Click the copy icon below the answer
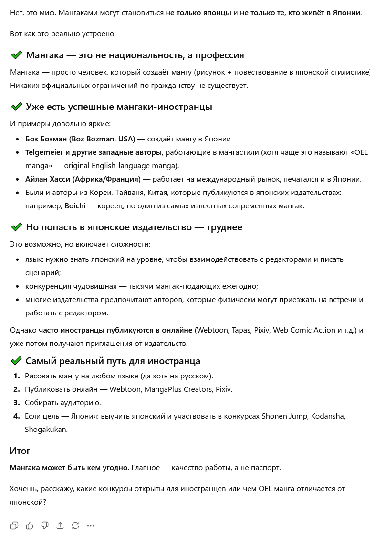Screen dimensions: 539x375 pos(14,526)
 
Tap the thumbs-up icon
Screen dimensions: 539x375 pos(30,526)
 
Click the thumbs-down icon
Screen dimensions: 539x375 pos(45,526)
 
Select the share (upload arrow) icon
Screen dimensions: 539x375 pos(60,526)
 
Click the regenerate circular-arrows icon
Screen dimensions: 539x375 pos(75,526)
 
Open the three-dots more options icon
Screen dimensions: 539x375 pos(91,526)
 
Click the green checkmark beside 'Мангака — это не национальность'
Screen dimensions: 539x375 pos(17,55)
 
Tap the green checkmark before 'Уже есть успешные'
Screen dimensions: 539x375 pos(17,107)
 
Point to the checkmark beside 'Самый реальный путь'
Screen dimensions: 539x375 pos(17,361)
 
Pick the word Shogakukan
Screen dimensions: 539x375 pos(45,430)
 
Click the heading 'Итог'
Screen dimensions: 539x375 pos(20,451)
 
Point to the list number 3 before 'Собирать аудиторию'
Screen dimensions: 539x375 pos(17,403)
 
